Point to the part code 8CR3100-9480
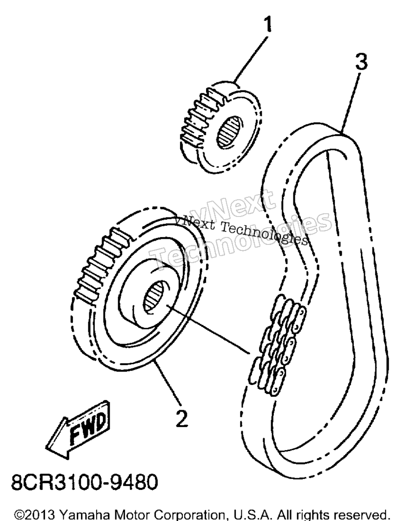[x=85, y=482]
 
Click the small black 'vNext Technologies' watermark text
[x=242, y=229]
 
